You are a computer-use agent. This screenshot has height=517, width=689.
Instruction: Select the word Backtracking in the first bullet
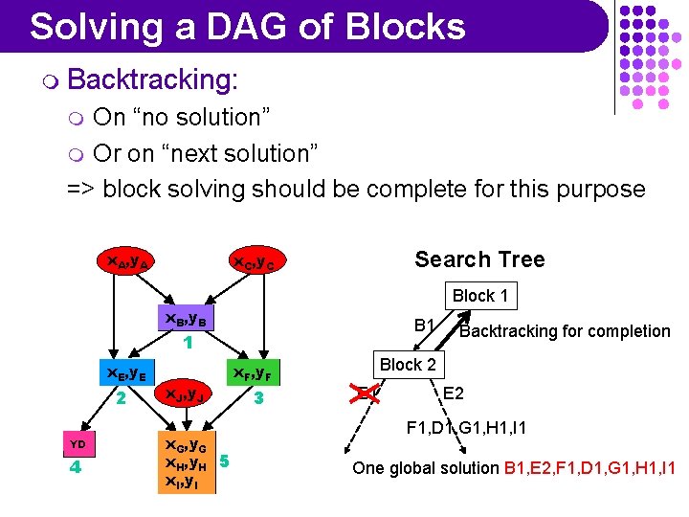tap(152, 79)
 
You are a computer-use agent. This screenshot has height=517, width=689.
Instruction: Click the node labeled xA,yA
tap(126, 259)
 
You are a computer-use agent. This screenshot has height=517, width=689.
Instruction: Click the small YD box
tap(78, 443)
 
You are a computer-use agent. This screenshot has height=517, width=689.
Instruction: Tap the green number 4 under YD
tap(78, 468)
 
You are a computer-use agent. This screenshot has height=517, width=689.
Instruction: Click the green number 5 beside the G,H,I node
tap(224, 461)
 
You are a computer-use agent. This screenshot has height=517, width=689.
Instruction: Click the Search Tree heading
tap(479, 259)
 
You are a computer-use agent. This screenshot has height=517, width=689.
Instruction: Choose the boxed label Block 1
tap(479, 296)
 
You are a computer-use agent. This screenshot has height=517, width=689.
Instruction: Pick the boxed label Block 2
tap(408, 364)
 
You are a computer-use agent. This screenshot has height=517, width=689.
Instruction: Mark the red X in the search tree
tap(363, 393)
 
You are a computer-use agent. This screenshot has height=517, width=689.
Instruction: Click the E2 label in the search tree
tap(454, 393)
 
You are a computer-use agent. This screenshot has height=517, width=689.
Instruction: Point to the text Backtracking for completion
tap(565, 331)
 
